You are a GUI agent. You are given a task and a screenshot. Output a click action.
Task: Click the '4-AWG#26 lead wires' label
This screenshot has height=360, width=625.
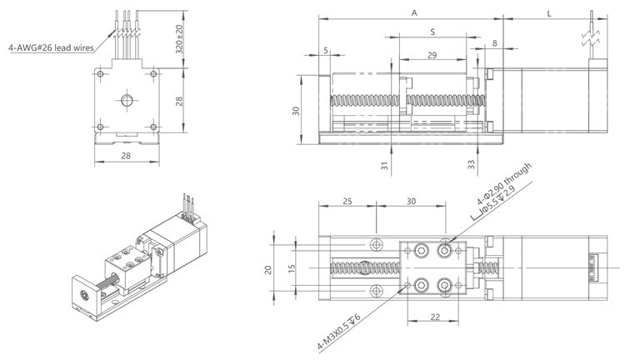(51, 47)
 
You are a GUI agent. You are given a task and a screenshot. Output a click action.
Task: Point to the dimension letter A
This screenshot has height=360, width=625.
(414, 12)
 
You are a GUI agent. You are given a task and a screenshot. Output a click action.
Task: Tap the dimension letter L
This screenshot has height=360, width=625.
(549, 12)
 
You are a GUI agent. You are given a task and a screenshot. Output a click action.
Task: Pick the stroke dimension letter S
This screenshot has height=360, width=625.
(432, 32)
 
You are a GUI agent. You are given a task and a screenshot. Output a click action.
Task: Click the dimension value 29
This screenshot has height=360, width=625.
(432, 55)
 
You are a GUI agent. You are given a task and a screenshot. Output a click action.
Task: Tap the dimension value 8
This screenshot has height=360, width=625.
(495, 42)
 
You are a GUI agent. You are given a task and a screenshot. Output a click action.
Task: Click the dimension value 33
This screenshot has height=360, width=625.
(472, 166)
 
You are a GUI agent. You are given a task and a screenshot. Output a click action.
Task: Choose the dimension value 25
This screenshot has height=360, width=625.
(347, 202)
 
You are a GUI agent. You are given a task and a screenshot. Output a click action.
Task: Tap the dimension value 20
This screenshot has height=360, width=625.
(268, 269)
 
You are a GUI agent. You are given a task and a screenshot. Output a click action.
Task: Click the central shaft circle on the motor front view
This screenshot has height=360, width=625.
(126, 101)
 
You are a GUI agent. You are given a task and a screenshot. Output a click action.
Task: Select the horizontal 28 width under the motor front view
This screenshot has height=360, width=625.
(125, 156)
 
